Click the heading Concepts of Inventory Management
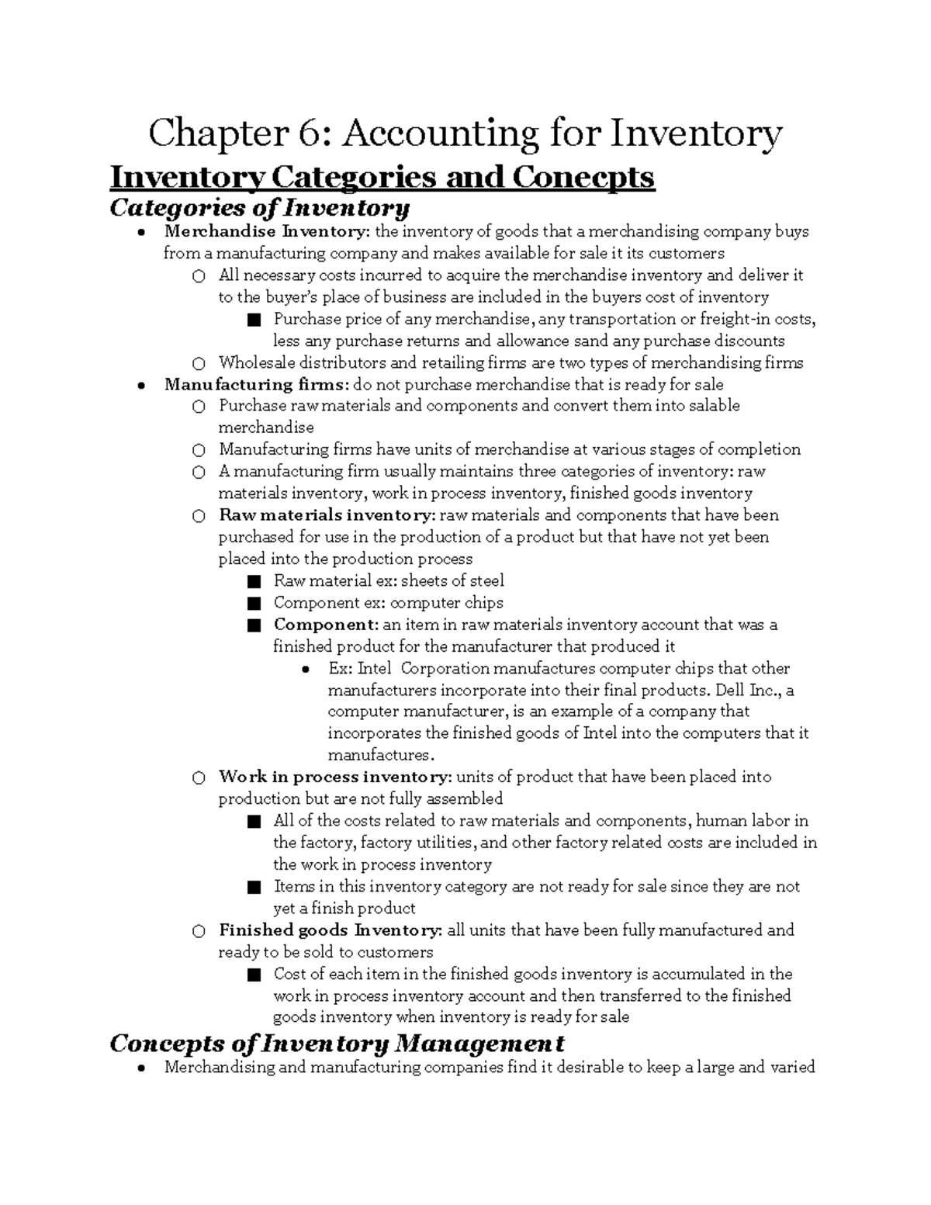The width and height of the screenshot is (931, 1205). pyautogui.click(x=337, y=1043)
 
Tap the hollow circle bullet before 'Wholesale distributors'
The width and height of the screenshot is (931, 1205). pyautogui.click(x=199, y=363)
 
